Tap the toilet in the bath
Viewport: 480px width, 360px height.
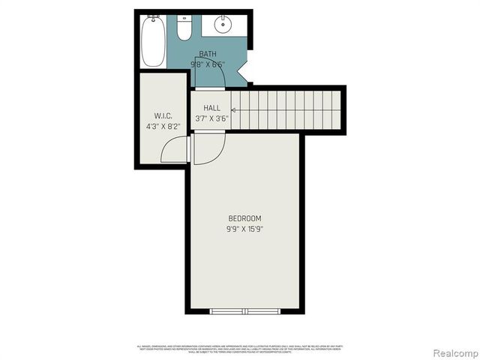184,29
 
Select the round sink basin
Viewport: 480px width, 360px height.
223,25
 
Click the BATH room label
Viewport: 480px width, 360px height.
208,54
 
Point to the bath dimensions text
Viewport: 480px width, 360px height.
208,64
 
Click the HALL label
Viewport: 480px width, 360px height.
212,108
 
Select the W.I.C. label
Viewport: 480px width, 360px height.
163,115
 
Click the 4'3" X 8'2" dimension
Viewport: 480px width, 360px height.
163,127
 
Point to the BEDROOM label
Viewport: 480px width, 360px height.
244,217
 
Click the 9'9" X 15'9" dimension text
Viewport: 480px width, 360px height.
244,229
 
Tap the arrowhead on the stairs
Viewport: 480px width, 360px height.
234,109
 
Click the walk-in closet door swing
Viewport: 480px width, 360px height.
175,150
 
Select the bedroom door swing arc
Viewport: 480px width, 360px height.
207,150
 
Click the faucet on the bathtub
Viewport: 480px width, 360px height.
152,18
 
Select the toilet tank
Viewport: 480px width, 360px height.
184,19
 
